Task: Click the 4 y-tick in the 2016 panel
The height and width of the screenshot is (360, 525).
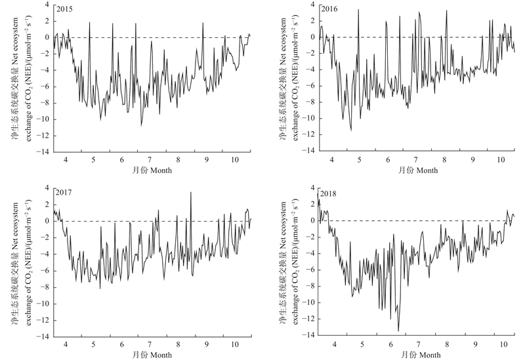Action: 312,4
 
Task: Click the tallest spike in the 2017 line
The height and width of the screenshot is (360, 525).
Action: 190,192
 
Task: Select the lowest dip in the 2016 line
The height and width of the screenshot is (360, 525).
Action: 350,130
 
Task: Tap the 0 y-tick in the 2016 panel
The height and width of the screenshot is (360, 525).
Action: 312,37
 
